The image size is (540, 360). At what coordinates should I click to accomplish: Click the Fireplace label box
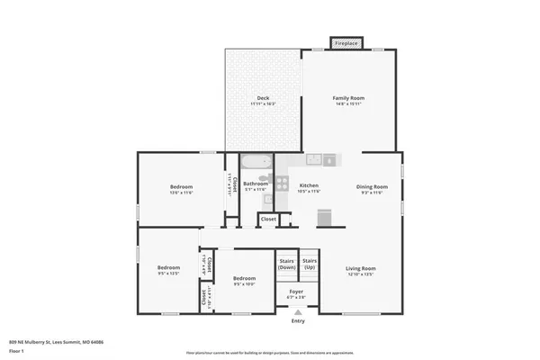[x=347, y=43]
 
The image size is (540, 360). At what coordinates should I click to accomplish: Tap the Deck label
[x=263, y=98]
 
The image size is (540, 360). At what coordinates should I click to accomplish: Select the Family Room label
[x=347, y=98]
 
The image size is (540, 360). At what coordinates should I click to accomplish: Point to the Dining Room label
[x=372, y=186]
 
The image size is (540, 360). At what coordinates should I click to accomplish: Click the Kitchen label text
[x=309, y=186]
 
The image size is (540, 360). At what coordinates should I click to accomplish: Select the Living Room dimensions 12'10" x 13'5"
[x=360, y=274]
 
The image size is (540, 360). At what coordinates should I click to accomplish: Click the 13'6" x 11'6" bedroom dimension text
[x=181, y=193]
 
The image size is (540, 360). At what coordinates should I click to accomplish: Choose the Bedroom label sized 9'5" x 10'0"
[x=245, y=279]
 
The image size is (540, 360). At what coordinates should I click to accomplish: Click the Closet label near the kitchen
[x=268, y=219]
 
